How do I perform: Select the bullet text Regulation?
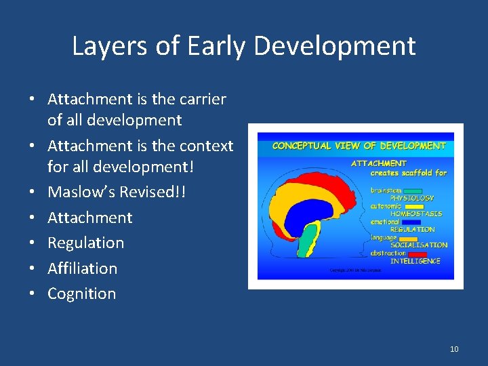[x=85, y=243]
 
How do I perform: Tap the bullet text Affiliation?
[x=82, y=268]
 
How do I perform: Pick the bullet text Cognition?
[x=81, y=293]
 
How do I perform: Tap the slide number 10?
[x=453, y=349]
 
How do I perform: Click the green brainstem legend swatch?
[x=413, y=191]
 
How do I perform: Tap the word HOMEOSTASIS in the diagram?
[x=415, y=214]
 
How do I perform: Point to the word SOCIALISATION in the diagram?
[x=418, y=245]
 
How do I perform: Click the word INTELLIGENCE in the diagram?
[x=415, y=261]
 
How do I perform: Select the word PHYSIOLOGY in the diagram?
[x=411, y=199]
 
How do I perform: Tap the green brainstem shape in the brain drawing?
[x=308, y=241]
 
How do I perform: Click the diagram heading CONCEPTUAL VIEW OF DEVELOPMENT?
[x=359, y=146]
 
